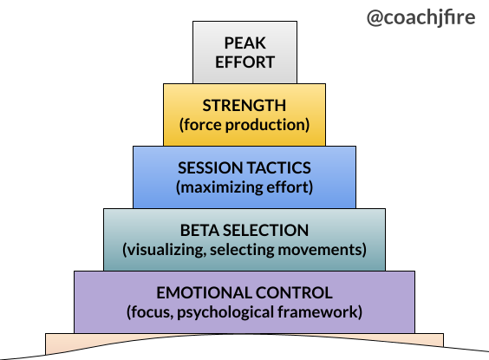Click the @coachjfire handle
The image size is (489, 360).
(421, 17)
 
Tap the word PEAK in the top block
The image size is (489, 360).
(245, 43)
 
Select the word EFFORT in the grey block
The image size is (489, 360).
(245, 62)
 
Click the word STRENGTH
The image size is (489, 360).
(244, 106)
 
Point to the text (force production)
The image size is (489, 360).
(244, 125)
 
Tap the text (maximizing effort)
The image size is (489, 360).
(244, 187)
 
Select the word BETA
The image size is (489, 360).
(199, 231)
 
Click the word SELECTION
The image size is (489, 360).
(265, 231)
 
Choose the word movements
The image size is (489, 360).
(319, 250)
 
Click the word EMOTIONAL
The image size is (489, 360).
(204, 293)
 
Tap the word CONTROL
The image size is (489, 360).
(294, 293)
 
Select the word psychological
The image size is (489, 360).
(225, 312)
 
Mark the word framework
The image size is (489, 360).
(317, 312)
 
